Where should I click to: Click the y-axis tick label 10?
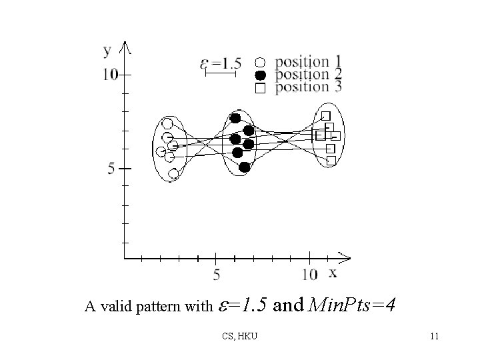point(110,75)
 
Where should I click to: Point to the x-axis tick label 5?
point(217,274)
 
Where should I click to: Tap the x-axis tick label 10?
point(309,274)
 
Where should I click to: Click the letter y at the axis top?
point(107,49)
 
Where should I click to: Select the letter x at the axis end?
point(332,272)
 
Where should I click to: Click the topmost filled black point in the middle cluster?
point(235,118)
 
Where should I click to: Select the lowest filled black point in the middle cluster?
point(244,167)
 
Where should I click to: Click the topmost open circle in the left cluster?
point(168,123)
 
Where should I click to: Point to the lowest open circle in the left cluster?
point(173,173)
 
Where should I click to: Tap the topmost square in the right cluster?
point(326,115)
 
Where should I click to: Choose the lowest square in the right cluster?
point(331,160)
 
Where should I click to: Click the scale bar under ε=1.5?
point(221,74)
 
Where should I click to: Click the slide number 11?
point(434,336)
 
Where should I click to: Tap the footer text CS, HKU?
point(241,336)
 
